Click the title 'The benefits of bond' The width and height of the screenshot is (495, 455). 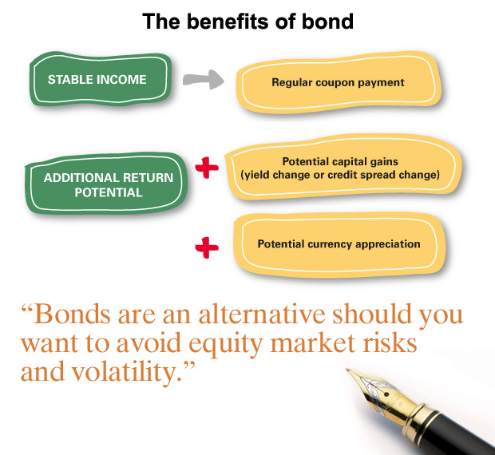pos(247,21)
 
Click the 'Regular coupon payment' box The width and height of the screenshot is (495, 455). pos(337,82)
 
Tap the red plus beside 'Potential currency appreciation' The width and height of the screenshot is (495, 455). pos(207,248)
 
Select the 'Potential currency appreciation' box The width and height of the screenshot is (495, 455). pos(339,244)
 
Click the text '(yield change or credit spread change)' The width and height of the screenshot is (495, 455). pos(339,175)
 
